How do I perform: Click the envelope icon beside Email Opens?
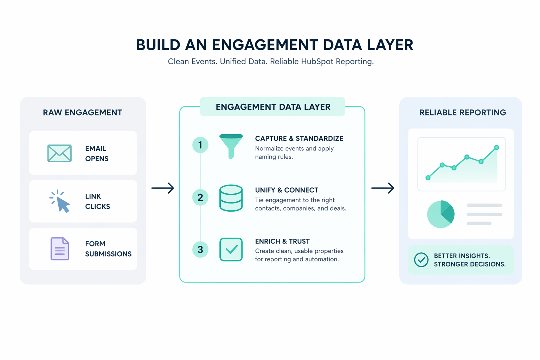coord(59,153)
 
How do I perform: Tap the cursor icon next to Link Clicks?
coord(61,202)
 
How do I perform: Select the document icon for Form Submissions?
coord(60,249)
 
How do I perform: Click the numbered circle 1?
coord(200,145)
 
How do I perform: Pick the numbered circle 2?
coord(200,197)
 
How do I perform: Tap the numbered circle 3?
coord(200,249)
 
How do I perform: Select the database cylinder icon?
coord(231,198)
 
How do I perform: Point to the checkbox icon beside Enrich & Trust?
coord(231,250)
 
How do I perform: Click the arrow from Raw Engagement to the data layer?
coord(163,188)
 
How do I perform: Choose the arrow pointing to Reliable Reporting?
coord(382,188)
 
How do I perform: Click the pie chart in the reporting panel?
coord(441,214)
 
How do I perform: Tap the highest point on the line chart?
coord(497,147)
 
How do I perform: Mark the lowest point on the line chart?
coord(428,178)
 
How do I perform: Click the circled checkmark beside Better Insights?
coord(421,260)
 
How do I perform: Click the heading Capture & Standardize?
coord(299,139)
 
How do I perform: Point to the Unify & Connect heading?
coord(287,190)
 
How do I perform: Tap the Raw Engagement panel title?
coord(83,112)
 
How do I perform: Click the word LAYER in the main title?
coord(390,45)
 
